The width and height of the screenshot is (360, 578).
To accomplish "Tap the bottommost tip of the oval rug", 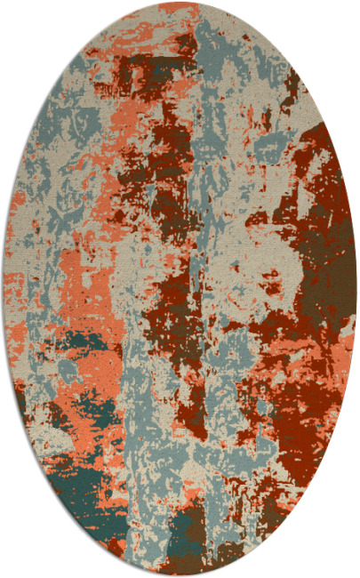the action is pyautogui.click(x=180, y=574).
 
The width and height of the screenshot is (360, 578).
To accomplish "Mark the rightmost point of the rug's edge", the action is pyautogui.click(x=356, y=289).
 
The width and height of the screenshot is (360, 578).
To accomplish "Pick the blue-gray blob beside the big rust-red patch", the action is pyautogui.click(x=267, y=142).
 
